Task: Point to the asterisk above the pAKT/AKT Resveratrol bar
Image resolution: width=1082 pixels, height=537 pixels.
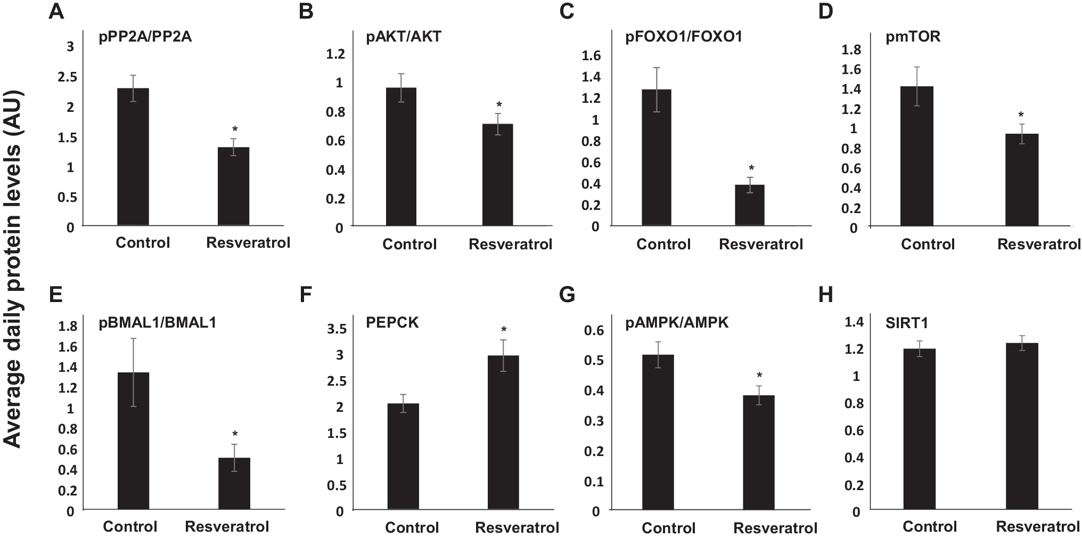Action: pos(499,105)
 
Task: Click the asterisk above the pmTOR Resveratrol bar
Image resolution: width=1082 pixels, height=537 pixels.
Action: pos(1021,115)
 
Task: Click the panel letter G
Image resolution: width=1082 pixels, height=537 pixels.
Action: pos(567,295)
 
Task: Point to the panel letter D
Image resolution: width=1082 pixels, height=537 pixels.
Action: pos(825,11)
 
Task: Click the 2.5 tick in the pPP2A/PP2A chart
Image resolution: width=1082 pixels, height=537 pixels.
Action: pos(68,77)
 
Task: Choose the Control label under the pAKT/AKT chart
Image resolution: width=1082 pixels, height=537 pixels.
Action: pos(409,244)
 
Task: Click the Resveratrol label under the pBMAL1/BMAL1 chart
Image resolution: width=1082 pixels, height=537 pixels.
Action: pos(227,527)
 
